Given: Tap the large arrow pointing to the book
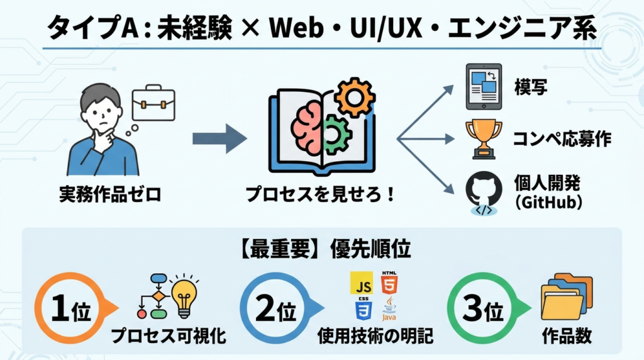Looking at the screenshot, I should click(x=219, y=138).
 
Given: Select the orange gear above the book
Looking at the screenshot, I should click(x=354, y=96).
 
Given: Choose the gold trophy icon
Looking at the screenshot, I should click(x=483, y=137).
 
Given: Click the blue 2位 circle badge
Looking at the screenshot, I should click(x=277, y=308).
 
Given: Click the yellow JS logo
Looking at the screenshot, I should click(x=361, y=284).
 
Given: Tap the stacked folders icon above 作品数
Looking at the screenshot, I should click(x=565, y=296).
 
